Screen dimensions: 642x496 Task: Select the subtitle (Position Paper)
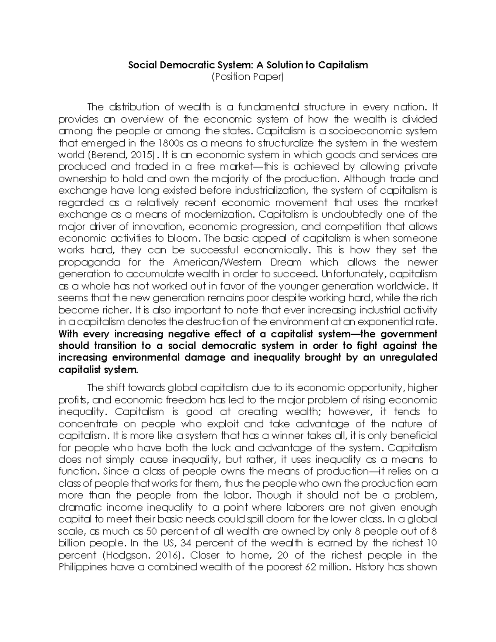tap(248, 77)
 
